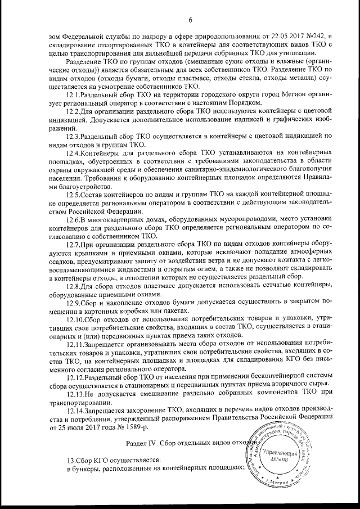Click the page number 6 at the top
pyautogui.click(x=190, y=21)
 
